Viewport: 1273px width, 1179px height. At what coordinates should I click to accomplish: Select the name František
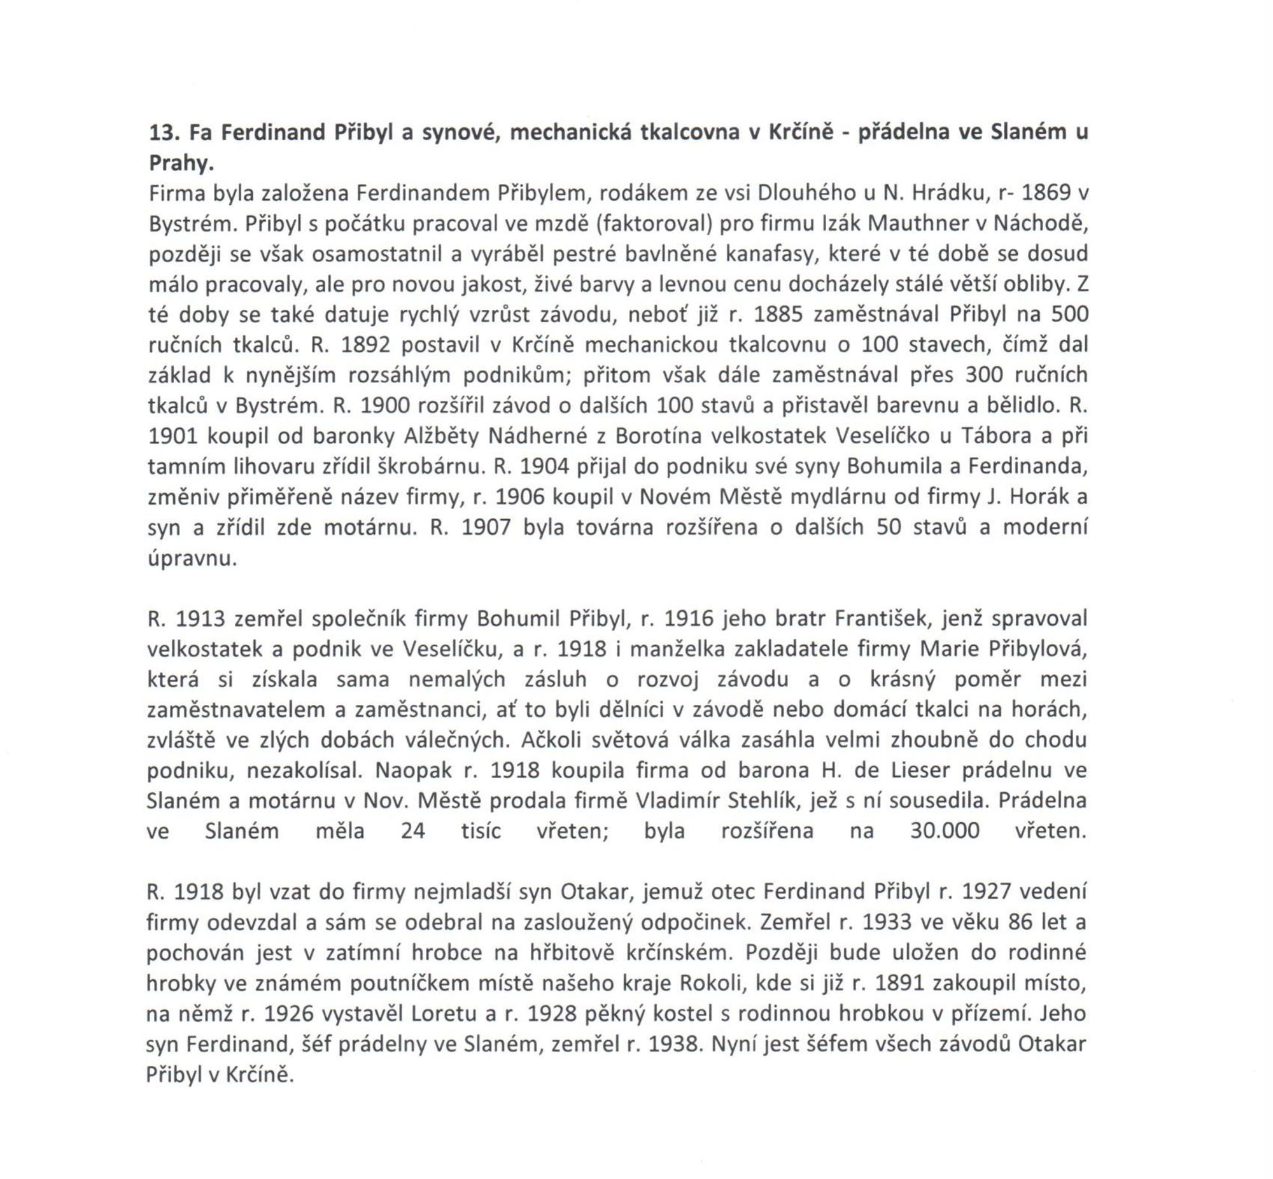(881, 620)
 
